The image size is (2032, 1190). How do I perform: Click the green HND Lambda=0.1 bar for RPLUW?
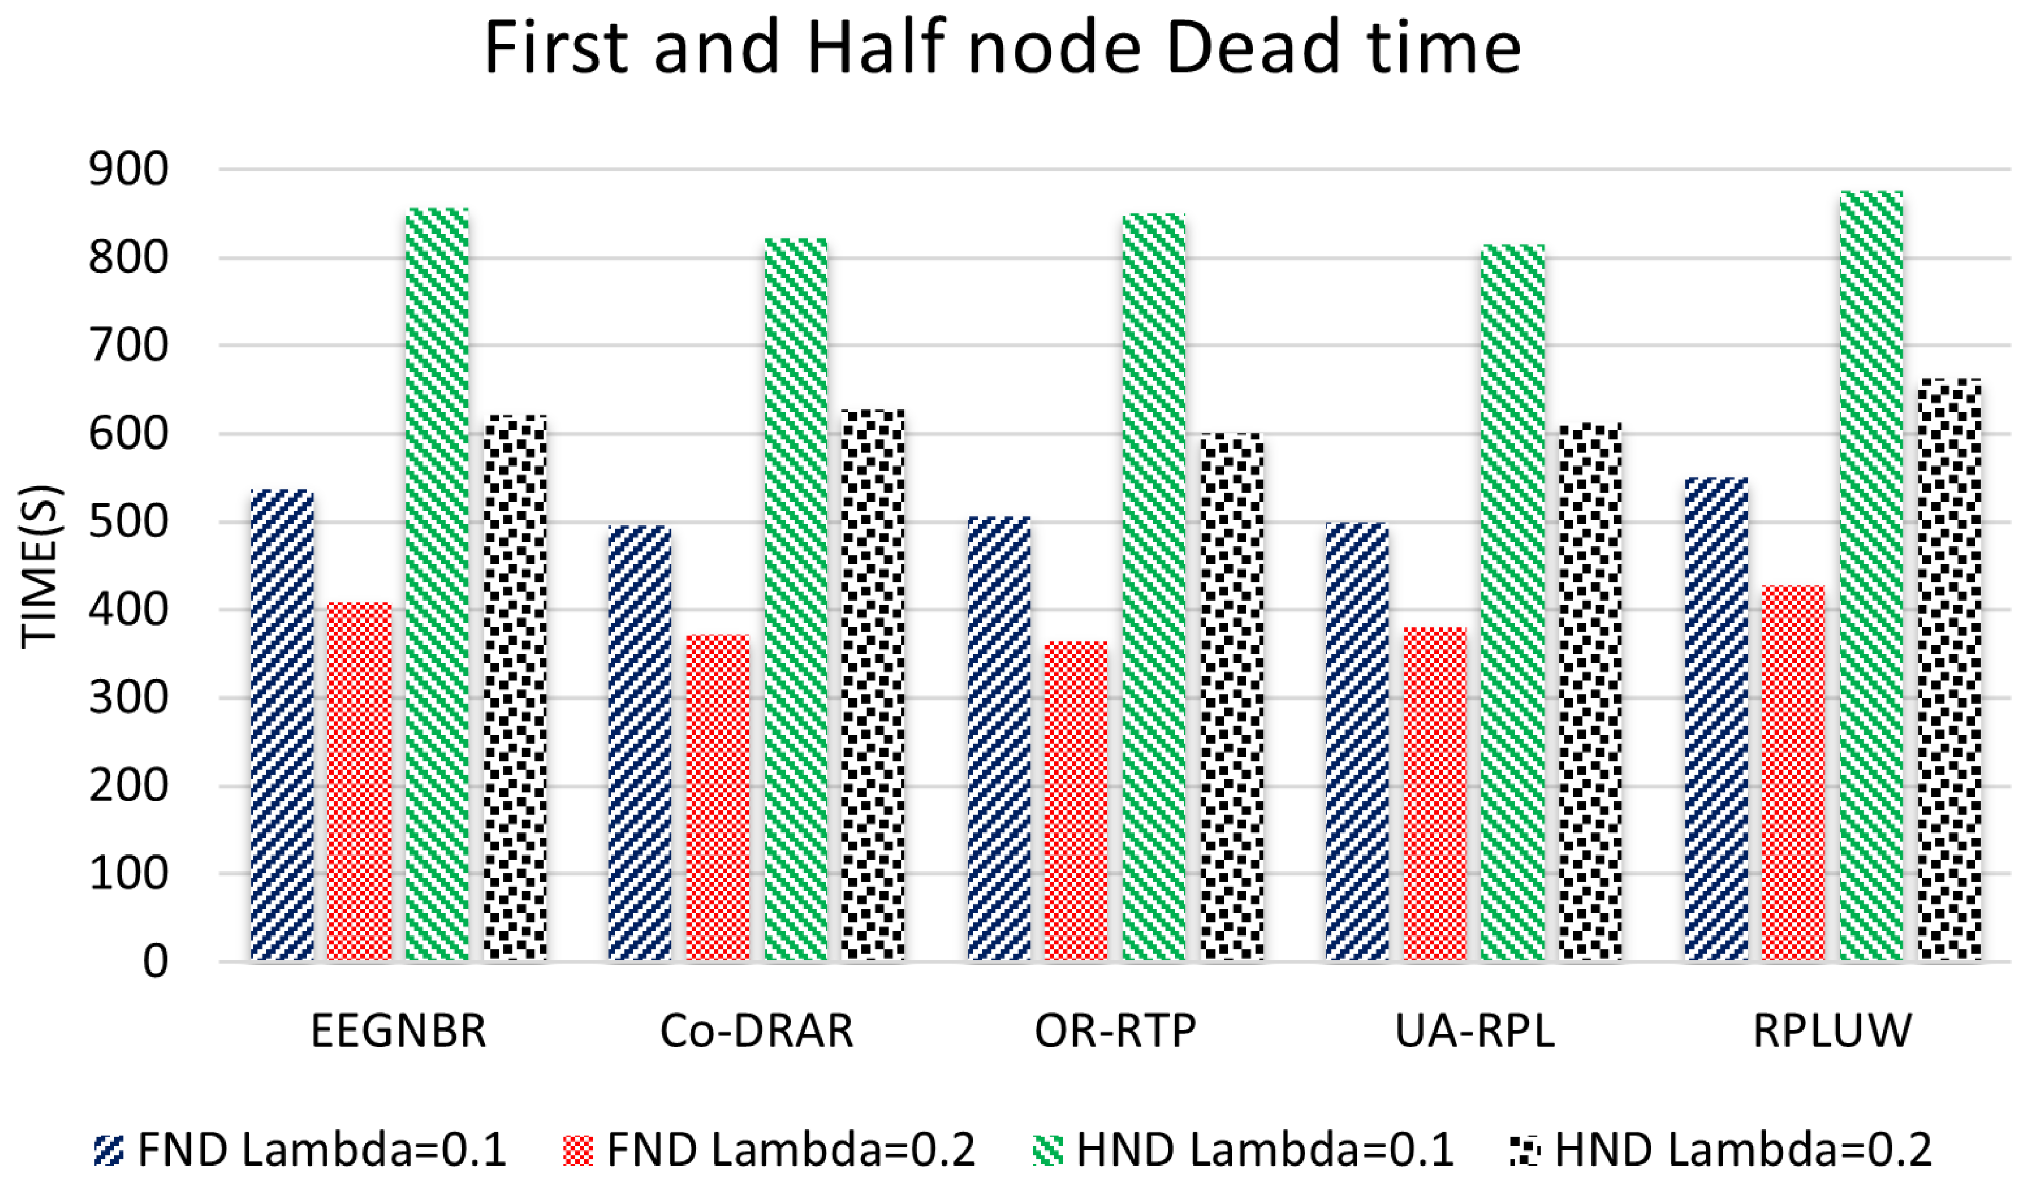click(1871, 577)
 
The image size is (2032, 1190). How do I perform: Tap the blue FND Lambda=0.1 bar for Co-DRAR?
click(639, 743)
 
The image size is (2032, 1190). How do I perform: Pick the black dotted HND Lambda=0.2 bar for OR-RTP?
click(1232, 697)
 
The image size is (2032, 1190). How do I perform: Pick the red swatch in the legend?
click(577, 1150)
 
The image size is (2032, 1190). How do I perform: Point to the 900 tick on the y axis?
click(129, 170)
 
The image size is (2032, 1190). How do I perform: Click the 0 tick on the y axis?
click(155, 962)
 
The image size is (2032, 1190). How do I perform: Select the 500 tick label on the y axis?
click(129, 522)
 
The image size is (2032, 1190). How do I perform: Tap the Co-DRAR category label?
click(756, 1031)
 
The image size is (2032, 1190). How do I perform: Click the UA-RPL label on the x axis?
click(1474, 1031)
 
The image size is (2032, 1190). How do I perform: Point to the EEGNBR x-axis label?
click(399, 1031)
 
